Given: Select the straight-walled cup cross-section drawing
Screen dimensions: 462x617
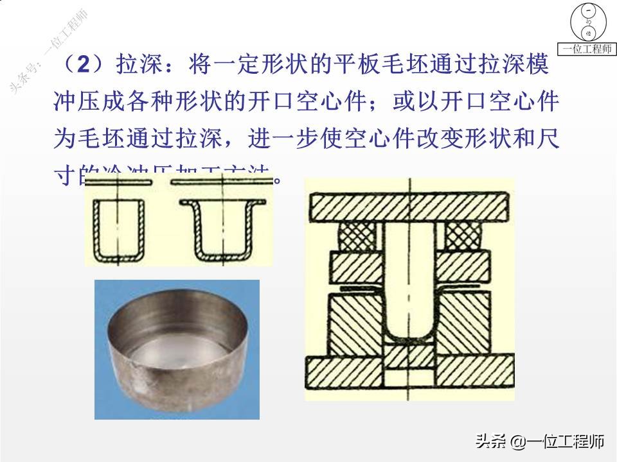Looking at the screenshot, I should [x=120, y=228].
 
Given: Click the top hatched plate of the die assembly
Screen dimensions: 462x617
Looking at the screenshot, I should [x=409, y=207].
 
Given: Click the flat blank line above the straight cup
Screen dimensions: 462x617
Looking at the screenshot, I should [x=120, y=183].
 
